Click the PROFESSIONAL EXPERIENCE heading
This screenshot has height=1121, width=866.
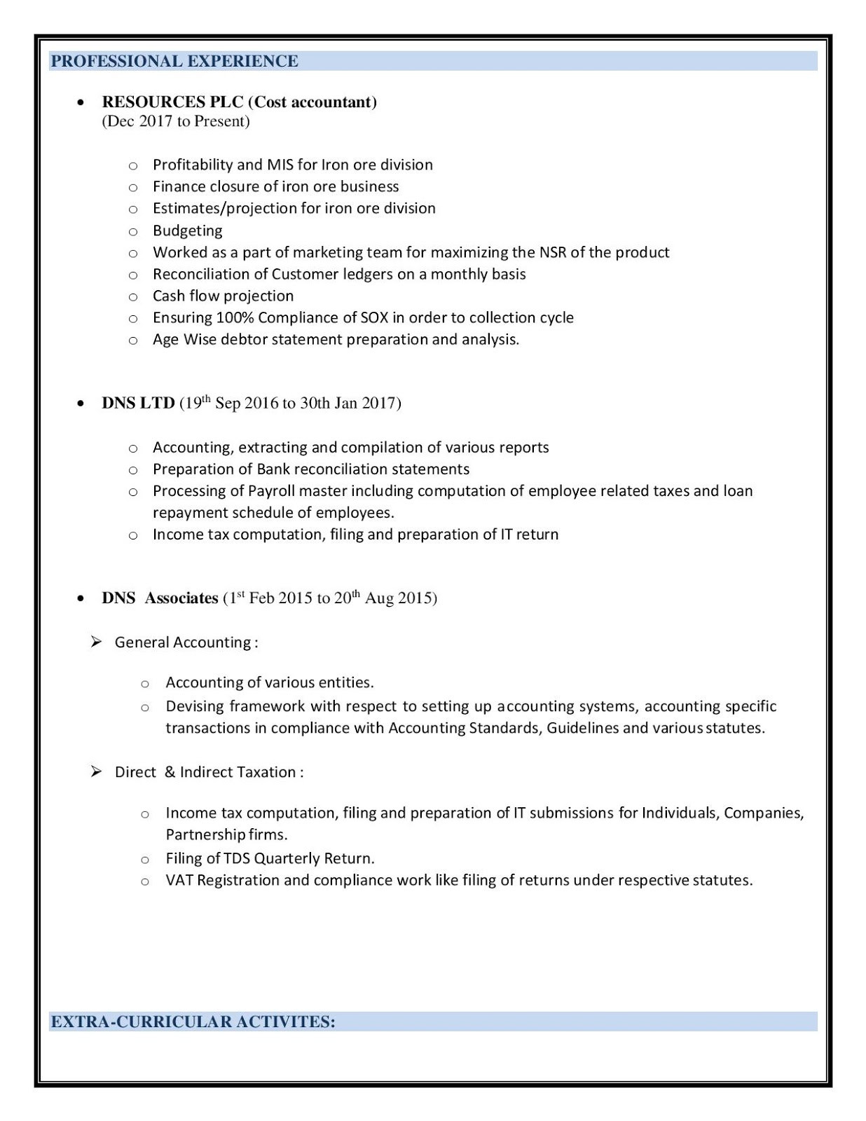point(174,62)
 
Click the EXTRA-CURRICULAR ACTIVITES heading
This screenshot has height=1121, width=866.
point(193,1022)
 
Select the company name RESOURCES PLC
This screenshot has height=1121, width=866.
point(172,102)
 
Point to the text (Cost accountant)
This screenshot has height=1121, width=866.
point(312,102)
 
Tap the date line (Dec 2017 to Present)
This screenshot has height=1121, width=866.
point(176,121)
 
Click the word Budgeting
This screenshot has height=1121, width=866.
point(187,231)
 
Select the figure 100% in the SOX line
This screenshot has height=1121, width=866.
point(235,317)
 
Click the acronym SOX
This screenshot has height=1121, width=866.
point(374,317)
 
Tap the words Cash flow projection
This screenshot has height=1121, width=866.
point(223,296)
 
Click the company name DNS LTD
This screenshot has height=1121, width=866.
point(138,404)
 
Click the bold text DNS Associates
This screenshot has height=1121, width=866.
point(160,598)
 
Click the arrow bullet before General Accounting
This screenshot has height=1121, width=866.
point(97,642)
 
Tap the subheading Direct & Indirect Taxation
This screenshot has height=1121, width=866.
point(209,772)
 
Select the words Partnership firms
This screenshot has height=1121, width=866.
point(226,834)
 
